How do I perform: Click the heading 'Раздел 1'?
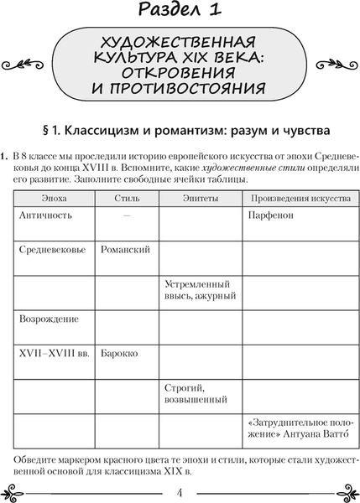[180, 12]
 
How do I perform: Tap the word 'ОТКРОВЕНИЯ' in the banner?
[180, 71]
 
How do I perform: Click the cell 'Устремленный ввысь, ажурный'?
[201, 290]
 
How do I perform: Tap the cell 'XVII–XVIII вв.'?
[52, 353]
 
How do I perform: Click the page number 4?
[180, 490]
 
